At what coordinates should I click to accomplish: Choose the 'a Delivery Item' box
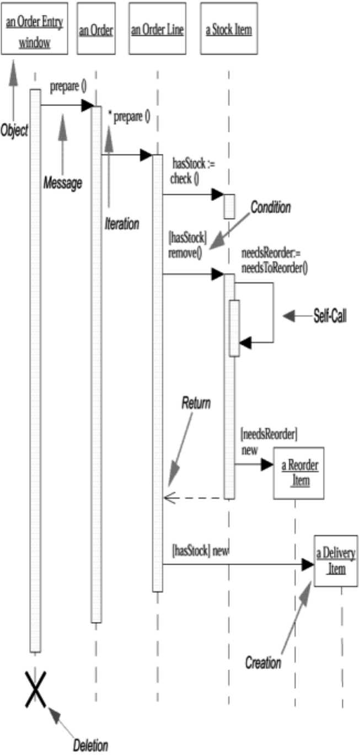(336, 561)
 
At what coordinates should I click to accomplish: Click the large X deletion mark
(34, 689)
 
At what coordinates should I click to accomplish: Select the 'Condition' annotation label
(270, 207)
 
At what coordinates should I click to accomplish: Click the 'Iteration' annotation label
(121, 223)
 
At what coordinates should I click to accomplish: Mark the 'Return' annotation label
(196, 403)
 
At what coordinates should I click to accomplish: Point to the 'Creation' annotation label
(263, 662)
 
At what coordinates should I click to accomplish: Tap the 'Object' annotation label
(14, 131)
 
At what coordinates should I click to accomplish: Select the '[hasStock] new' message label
(200, 550)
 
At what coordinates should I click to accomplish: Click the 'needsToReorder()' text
(274, 269)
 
